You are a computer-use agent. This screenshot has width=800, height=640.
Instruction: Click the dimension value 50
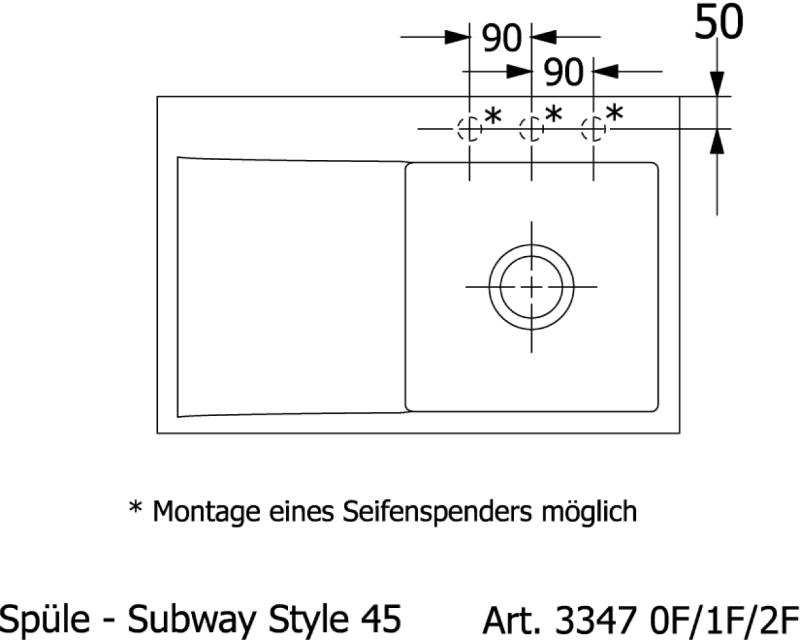pyautogui.click(x=719, y=22)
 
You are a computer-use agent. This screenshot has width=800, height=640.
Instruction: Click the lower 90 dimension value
pyautogui.click(x=563, y=72)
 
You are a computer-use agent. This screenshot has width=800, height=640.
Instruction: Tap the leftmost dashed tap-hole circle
pyautogui.click(x=459, y=129)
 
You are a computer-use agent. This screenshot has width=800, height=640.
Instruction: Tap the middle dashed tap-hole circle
pyautogui.click(x=520, y=129)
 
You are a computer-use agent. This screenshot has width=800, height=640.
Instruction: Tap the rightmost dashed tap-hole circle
pyautogui.click(x=582, y=129)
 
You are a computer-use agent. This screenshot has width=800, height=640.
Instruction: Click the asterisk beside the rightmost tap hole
pyautogui.click(x=615, y=113)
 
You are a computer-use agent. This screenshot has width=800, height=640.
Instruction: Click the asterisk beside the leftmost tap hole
pyautogui.click(x=493, y=115)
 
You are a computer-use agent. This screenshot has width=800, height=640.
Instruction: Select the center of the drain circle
pyautogui.click(x=531, y=287)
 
